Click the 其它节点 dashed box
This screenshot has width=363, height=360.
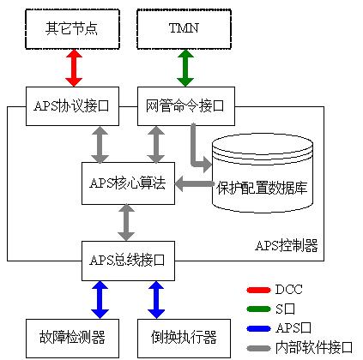(x=72, y=29)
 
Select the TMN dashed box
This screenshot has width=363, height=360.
(x=184, y=29)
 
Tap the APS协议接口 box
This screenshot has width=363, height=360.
(x=72, y=106)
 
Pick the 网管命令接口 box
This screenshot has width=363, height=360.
(x=186, y=106)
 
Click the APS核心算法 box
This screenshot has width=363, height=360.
(x=128, y=183)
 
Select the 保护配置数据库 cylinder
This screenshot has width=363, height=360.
(x=263, y=173)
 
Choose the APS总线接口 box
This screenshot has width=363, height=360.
(x=128, y=261)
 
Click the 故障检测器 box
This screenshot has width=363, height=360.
(x=72, y=339)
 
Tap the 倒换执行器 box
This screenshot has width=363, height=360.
(x=184, y=339)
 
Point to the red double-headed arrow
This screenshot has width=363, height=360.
(x=74, y=68)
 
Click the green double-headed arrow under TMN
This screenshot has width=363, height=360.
(x=185, y=68)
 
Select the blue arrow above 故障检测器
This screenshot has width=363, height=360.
(x=100, y=300)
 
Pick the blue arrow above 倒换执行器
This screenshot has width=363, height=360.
(x=156, y=300)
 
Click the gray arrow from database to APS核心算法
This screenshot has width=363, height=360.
(x=195, y=183)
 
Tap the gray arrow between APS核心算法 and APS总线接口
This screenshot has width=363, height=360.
(x=126, y=223)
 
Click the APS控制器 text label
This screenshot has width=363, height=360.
(x=287, y=245)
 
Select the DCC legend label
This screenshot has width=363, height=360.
(x=288, y=290)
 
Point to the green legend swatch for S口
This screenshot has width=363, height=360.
(x=258, y=309)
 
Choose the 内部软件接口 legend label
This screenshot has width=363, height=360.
(x=314, y=348)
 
